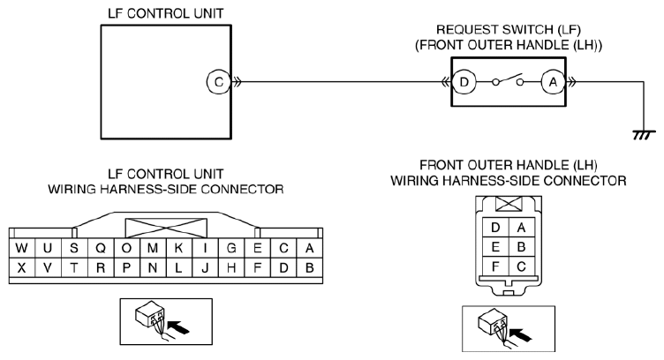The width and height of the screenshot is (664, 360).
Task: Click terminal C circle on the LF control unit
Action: point(218,82)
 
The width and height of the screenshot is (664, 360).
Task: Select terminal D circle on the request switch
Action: point(464,82)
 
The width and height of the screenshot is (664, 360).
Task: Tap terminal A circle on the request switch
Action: point(553,82)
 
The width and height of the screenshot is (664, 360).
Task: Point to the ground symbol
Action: point(644,135)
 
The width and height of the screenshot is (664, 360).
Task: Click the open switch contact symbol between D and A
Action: point(509,80)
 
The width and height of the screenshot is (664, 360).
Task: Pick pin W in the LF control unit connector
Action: point(21,248)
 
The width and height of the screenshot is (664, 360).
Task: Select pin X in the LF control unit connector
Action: point(21,267)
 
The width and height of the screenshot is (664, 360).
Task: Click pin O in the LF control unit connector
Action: point(126,248)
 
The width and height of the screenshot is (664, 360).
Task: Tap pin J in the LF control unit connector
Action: point(205,267)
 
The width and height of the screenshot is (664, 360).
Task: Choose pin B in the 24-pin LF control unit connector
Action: point(310,267)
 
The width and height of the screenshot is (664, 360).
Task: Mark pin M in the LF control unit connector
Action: point(153,248)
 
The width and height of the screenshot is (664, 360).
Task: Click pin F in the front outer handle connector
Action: point(495,266)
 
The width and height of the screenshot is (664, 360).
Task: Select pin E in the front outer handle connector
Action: point(495,247)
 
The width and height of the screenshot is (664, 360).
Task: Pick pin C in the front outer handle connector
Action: point(521,266)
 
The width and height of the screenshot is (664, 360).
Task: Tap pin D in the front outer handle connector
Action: point(495,228)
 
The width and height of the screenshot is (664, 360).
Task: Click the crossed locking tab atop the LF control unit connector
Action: point(166,228)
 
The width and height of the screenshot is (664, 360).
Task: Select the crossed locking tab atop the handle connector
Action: point(509,204)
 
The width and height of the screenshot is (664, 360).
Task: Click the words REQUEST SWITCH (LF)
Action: point(509,30)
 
